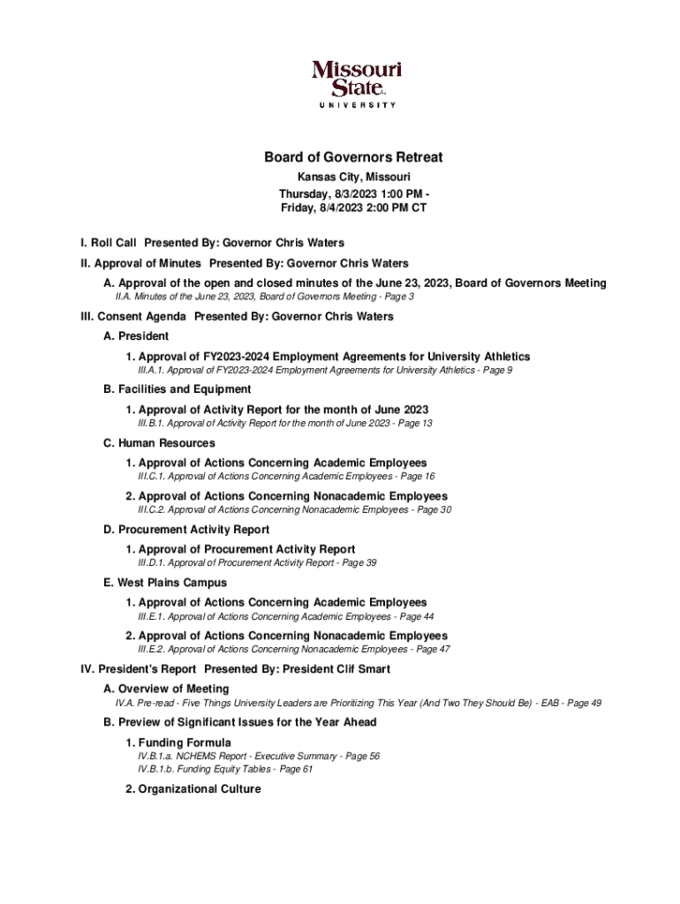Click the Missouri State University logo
(x=356, y=83)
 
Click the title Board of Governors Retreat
(x=353, y=158)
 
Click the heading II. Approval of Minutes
(x=140, y=263)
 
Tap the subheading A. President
(x=136, y=336)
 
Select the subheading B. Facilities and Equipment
(x=178, y=389)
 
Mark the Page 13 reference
(x=414, y=424)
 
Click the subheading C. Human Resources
(x=159, y=443)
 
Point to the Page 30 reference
(x=434, y=509)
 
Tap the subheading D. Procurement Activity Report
(x=186, y=530)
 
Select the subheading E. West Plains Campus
(x=165, y=583)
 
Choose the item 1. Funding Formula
(x=178, y=742)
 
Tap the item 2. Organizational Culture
(x=193, y=789)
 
